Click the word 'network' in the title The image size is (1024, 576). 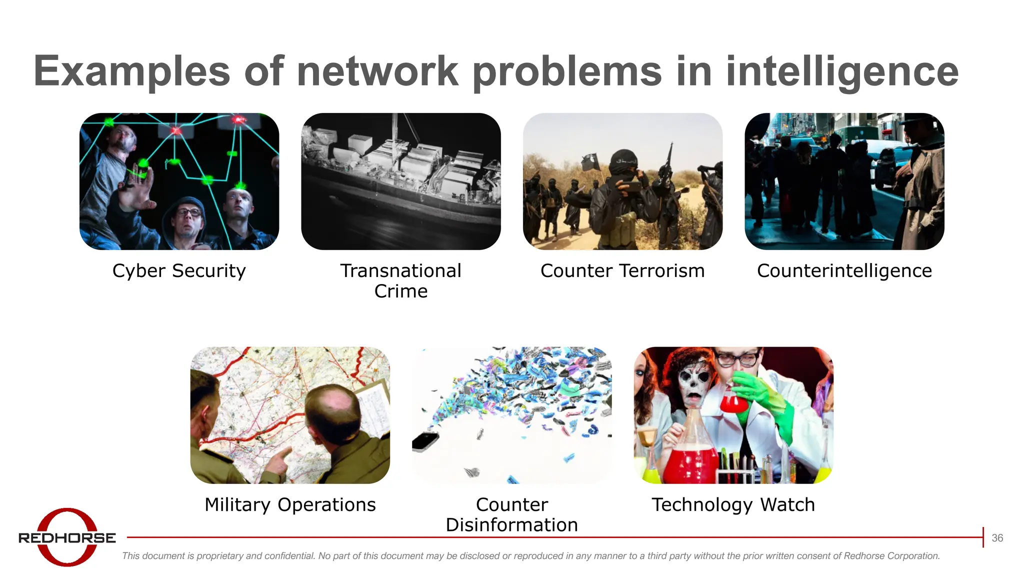point(377,71)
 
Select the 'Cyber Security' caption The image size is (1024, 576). point(179,270)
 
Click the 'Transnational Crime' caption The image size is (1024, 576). point(401,280)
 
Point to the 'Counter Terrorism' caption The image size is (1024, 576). point(622,270)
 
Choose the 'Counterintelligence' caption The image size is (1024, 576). point(844,270)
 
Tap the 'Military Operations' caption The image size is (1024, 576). point(290,504)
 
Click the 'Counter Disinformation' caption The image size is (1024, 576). point(512,514)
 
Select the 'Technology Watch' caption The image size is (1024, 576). point(733,504)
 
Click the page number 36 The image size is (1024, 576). point(997,538)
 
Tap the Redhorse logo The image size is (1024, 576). point(67,537)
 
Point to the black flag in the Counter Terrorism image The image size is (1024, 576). point(590,161)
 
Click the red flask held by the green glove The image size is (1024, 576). point(732,399)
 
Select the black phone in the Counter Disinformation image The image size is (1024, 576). point(425,441)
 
